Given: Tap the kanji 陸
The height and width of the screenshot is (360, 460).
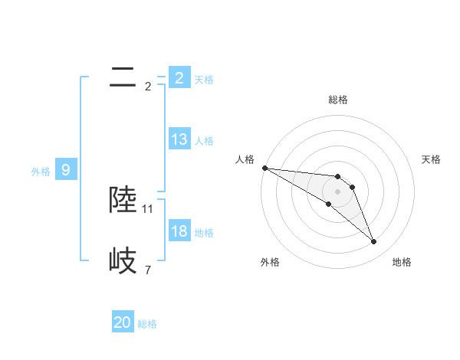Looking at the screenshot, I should (123, 200).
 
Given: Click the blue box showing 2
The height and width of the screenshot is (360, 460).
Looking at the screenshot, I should (179, 78).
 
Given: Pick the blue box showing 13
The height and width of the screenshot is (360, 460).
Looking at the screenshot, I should (179, 139).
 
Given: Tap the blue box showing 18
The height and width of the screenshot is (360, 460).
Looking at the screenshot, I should (179, 231).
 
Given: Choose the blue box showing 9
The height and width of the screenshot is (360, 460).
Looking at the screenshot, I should (66, 170).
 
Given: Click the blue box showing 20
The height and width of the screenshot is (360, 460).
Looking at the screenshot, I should (123, 323).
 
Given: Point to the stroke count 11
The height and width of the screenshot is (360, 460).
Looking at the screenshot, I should (148, 208).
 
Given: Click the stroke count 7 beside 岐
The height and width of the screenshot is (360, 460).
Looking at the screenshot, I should (147, 270).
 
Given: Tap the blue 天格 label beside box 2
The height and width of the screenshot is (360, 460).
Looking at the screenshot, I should (204, 80).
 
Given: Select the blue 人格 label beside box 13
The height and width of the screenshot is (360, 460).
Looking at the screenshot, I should (204, 141).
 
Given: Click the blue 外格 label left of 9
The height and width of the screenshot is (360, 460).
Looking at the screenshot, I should (41, 172).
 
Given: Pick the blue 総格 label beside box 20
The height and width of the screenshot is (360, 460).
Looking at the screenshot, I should (147, 325).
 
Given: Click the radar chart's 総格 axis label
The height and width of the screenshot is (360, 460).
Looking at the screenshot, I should (338, 100).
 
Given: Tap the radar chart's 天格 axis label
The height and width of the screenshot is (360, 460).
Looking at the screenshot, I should (432, 159).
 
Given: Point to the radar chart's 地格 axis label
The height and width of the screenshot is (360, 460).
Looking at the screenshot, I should (402, 262).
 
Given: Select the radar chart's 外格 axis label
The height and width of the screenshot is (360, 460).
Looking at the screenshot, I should (270, 262).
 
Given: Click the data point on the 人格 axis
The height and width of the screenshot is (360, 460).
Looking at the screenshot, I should (264, 168).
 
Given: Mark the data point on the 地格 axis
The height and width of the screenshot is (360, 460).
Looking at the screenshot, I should (374, 242).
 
